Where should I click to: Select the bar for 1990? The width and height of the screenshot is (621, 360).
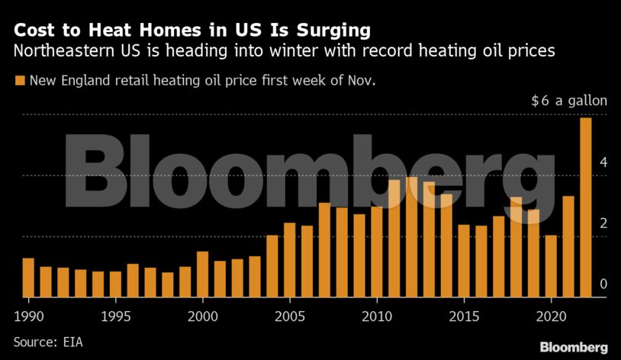(28, 278)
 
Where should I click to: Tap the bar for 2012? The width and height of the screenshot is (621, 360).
(411, 237)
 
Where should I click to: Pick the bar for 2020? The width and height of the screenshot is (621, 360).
(551, 266)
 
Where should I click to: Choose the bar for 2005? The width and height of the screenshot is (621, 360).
(290, 260)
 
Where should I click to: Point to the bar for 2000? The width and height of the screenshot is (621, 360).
(203, 275)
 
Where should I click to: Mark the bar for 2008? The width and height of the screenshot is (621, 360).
(342, 252)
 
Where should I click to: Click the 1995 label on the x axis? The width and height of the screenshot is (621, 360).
(114, 316)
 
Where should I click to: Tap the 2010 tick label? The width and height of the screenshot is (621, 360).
(376, 316)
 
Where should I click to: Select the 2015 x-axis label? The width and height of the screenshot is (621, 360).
(463, 316)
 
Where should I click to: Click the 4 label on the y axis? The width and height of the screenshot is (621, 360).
(603, 162)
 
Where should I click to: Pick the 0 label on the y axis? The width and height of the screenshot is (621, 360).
(603, 284)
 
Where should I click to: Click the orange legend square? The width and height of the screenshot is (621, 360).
(20, 79)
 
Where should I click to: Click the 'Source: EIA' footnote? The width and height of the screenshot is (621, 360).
(47, 342)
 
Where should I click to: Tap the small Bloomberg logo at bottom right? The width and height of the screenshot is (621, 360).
(574, 347)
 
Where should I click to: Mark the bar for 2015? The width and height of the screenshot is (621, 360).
(464, 261)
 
